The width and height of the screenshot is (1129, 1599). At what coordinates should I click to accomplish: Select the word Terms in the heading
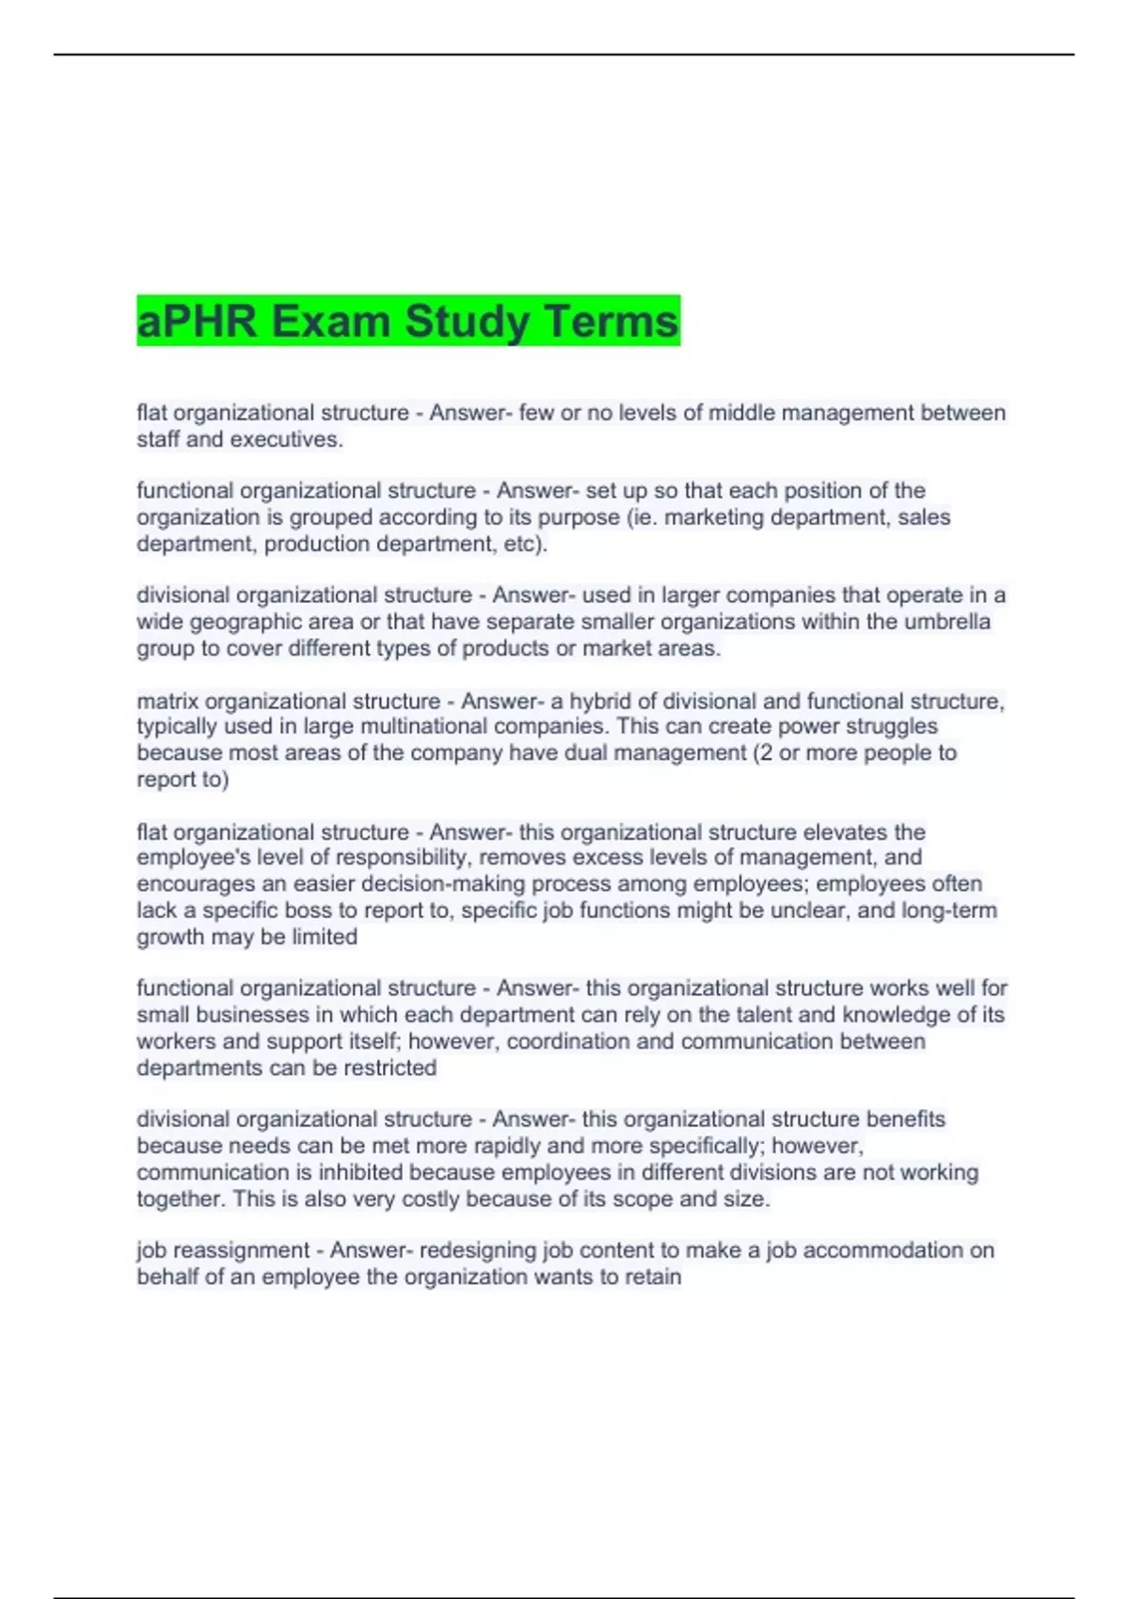pos(610,322)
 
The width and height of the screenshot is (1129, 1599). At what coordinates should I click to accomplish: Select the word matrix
pos(167,701)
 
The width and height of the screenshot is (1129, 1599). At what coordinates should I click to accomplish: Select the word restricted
pos(390,1068)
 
